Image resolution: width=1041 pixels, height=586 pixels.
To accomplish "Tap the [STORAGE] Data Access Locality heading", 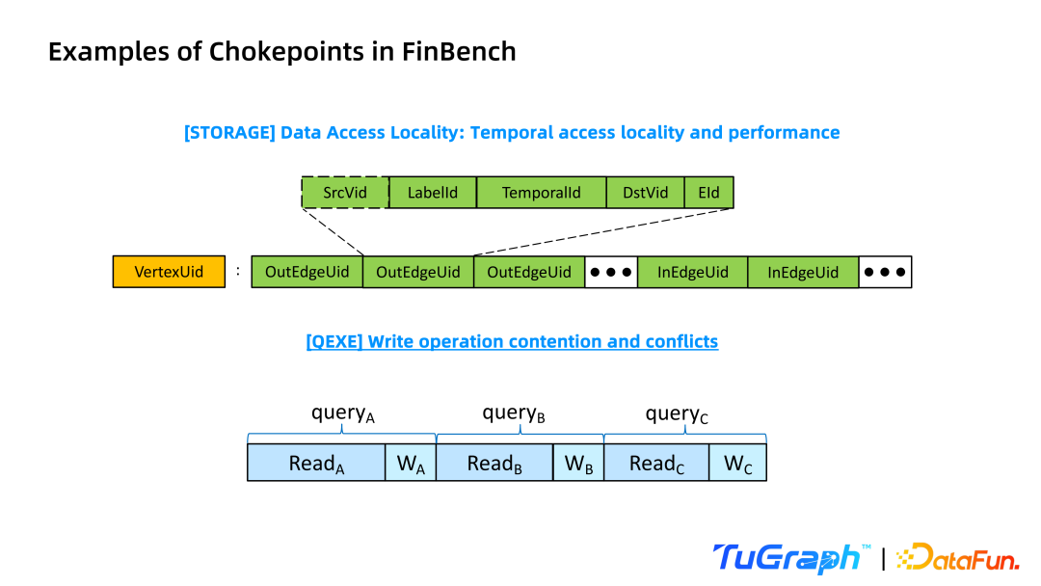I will point(511,132).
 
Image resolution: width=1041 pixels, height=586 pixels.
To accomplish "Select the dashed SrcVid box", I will point(345,193).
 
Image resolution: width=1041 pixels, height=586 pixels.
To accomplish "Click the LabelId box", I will point(433,193).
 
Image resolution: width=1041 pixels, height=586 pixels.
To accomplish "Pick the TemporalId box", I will point(541,193).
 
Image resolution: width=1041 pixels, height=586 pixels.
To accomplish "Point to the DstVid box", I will point(645,193).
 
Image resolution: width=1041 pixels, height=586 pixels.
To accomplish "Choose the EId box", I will point(708,193).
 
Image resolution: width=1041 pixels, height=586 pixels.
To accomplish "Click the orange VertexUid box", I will point(169,272).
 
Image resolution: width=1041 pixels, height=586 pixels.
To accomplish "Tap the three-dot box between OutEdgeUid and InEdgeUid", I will point(611,272).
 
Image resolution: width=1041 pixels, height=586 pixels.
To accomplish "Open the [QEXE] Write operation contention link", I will point(512,341).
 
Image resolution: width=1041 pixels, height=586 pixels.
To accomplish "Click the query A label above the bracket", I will point(342,414).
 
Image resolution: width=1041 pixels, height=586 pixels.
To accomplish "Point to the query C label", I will point(677,414).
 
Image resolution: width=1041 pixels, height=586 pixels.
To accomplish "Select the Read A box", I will point(316,464).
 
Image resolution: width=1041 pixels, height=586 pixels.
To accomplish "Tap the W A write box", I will point(411,464).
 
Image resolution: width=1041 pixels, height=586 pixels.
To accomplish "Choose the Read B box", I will point(494,464).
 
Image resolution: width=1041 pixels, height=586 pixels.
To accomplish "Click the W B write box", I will point(578,464).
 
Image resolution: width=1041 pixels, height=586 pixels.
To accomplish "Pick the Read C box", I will point(656,464).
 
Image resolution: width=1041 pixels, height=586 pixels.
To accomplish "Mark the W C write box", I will point(737,464).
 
